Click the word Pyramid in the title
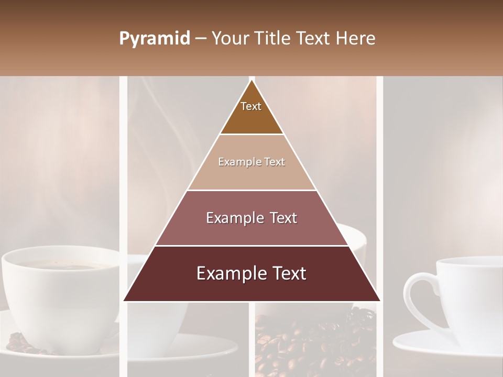coord(154,39)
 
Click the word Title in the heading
coord(272,39)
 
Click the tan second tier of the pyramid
coord(251,175)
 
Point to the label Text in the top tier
coord(251,106)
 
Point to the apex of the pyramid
coord(251,82)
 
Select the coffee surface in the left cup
coord(58,265)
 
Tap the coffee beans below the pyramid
coord(314,340)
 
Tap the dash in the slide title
coord(200,39)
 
